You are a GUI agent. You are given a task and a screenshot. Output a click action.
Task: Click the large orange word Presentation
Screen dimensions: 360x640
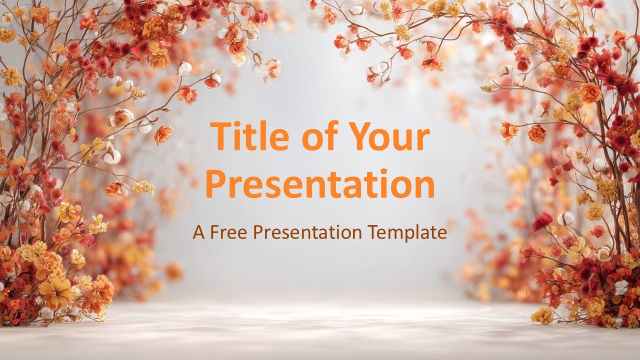(319, 184)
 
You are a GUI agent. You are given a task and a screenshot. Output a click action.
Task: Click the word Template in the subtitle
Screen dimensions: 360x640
(407, 233)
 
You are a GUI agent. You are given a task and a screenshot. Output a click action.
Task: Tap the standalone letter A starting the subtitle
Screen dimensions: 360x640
(198, 232)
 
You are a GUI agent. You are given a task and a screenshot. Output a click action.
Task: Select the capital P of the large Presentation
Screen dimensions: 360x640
(216, 183)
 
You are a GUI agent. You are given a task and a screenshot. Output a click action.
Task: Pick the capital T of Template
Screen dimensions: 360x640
(373, 232)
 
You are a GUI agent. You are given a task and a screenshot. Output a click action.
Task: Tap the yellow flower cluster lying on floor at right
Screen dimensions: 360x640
(542, 315)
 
